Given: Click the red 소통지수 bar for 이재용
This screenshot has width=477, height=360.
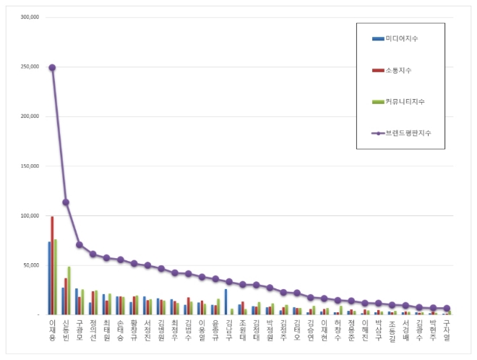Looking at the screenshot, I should point(52,265).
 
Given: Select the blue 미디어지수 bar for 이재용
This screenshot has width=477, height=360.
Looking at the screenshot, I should point(49,278).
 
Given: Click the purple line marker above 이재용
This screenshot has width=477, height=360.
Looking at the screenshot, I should point(52,67).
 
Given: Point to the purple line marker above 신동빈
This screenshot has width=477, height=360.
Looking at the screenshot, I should point(66,202).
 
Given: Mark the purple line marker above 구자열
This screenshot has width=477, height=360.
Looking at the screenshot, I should point(447,308).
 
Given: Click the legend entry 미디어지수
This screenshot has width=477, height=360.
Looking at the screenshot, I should point(402,38).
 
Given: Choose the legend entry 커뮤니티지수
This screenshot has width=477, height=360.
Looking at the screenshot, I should point(405,101).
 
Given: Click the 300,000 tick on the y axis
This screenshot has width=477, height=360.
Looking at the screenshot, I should point(30,17).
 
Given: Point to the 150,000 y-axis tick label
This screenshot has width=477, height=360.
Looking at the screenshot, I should point(30,166).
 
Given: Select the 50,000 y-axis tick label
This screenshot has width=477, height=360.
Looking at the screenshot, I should point(31,265).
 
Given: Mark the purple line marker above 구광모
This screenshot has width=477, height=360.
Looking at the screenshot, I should point(79,244).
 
